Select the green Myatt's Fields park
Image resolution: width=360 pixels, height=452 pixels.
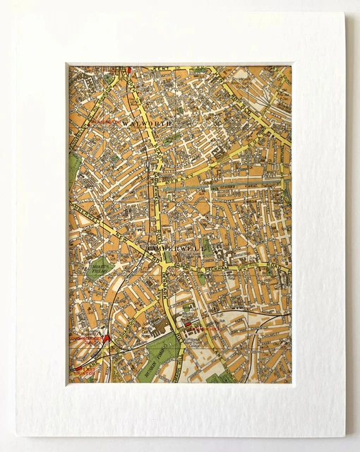pyautogui.click(x=103, y=269)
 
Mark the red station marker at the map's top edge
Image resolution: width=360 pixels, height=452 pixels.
pyautogui.click(x=130, y=70)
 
